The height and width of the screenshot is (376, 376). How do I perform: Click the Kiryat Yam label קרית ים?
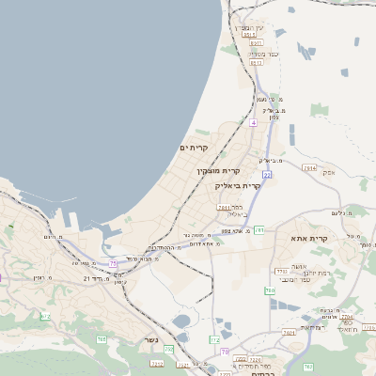pyautogui.click(x=193, y=148)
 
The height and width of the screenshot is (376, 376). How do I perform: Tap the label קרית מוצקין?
pyautogui.click(x=219, y=171)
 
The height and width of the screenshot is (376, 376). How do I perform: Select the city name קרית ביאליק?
pyautogui.click(x=238, y=185)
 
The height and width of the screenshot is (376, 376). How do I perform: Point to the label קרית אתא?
pyautogui.click(x=319, y=239)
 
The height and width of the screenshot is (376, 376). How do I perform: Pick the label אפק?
pyautogui.click(x=328, y=173)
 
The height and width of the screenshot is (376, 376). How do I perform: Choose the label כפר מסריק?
pyautogui.click(x=261, y=54)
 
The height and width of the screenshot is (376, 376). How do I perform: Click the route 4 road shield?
pyautogui.click(x=253, y=122)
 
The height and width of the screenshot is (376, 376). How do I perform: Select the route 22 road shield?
pyautogui.click(x=267, y=175)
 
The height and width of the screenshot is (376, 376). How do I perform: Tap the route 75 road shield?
pyautogui.click(x=114, y=262)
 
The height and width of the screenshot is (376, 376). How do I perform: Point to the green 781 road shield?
pyautogui.click(x=223, y=207)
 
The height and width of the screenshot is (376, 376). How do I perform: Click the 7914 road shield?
pyautogui.click(x=309, y=167)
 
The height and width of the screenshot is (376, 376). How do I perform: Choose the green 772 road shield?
pyautogui.click(x=214, y=339)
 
